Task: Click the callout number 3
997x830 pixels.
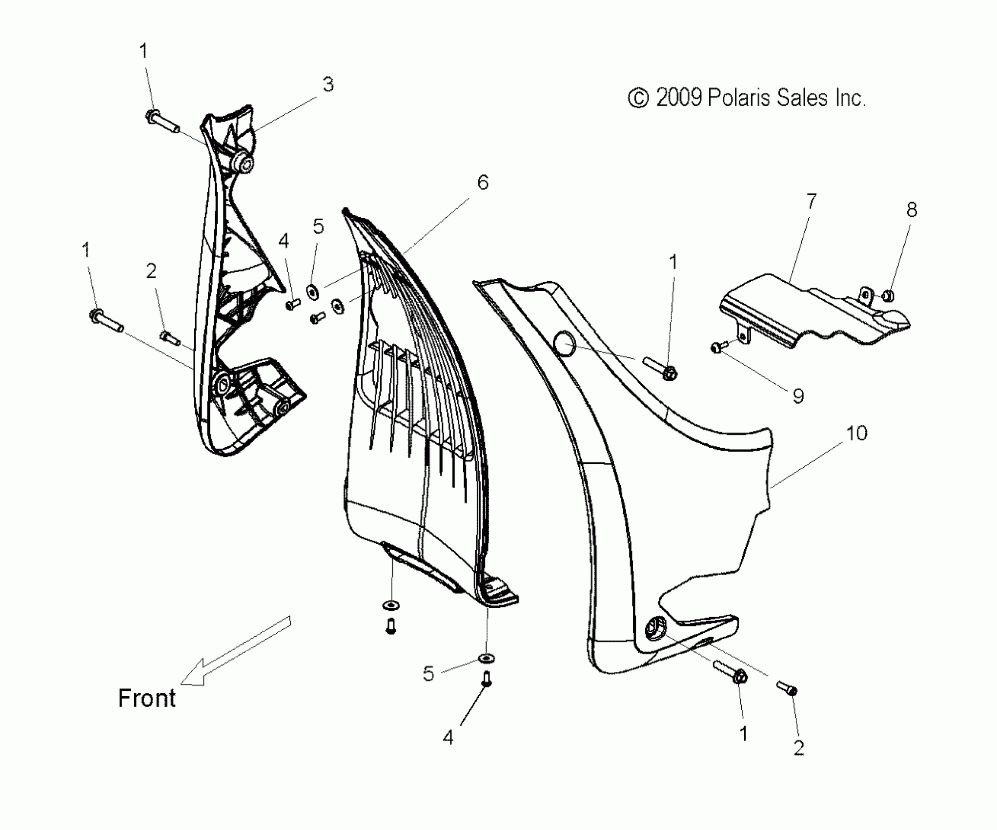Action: coord(328,85)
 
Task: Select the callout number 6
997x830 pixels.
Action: coord(482,183)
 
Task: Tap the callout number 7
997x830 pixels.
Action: coord(811,202)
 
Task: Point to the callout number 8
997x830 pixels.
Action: coord(911,210)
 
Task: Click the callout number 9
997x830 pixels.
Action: coord(798,396)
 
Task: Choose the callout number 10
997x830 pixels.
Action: coord(856,433)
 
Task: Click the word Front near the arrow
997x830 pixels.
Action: coord(146,698)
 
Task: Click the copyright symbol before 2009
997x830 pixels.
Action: coord(638,98)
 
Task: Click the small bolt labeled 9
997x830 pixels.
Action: coord(717,348)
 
